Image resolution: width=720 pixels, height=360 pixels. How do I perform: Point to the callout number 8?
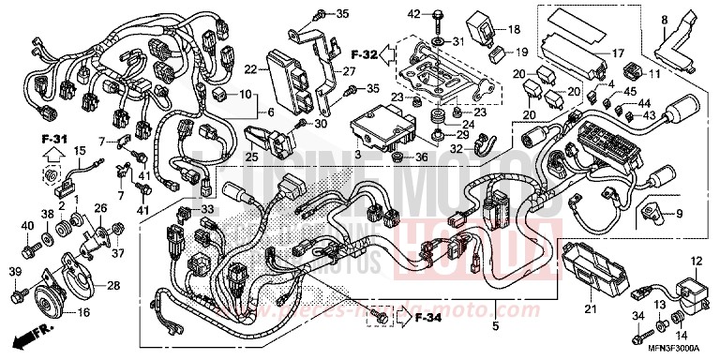click(x=664, y=19)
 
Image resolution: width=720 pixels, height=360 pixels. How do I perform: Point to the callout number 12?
click(x=696, y=260)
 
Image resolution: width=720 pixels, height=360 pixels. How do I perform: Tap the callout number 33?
click(x=207, y=209)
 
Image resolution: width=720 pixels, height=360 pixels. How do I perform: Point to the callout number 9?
click(x=706, y=213)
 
